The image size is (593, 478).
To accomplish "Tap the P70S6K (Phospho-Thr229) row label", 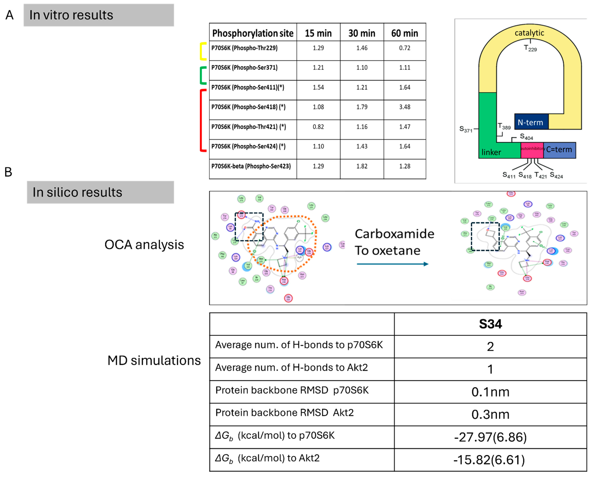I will click(244, 48).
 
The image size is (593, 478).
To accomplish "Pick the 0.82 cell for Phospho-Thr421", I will click(318, 127).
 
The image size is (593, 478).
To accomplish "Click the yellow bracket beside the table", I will click(202, 51).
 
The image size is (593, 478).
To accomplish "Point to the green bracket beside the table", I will click(202, 75).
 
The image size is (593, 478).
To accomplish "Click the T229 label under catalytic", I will click(530, 48).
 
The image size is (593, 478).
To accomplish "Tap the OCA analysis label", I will click(144, 245).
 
